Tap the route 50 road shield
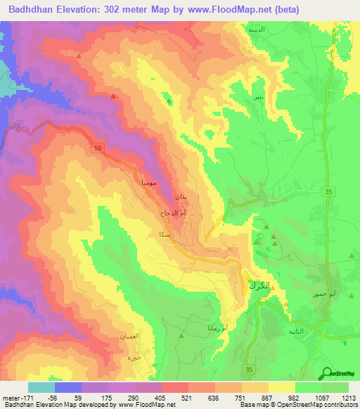point(97,149)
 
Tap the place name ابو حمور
point(303,294)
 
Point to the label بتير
point(260,96)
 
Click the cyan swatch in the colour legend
point(41,387)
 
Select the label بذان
point(181,195)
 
